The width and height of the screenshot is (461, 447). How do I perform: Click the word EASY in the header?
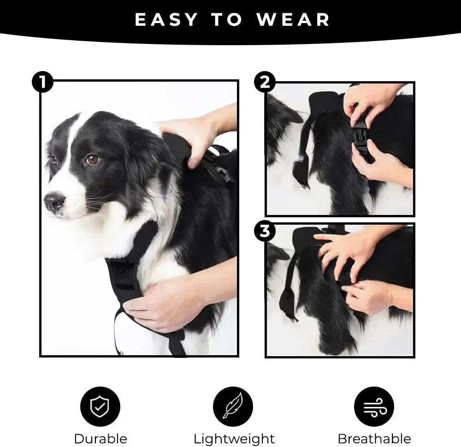(166, 19)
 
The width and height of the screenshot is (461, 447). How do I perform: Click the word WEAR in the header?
(293, 19)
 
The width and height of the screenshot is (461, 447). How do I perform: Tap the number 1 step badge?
(42, 83)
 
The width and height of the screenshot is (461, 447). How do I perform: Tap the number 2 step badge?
(265, 83)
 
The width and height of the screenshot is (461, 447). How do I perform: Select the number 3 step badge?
(265, 231)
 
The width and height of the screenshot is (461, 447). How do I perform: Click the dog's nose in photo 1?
(53, 202)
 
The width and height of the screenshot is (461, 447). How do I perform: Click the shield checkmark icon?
(100, 406)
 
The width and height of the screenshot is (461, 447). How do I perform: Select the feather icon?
(233, 406)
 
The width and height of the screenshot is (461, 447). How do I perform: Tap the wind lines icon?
(374, 406)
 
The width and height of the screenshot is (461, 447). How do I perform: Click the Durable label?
(100, 438)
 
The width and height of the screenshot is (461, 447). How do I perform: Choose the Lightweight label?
(234, 438)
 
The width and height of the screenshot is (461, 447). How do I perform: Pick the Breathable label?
(374, 438)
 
